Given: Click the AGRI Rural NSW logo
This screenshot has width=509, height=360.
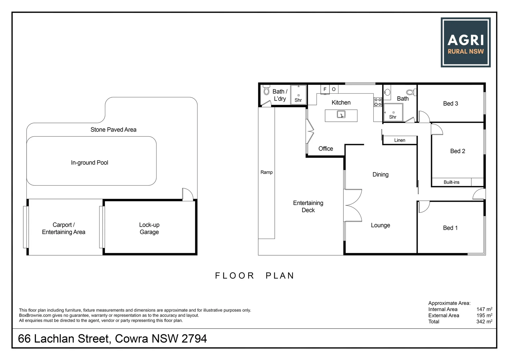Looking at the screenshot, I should pos(465,42).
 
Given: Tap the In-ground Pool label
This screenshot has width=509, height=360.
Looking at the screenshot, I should pos(89,163).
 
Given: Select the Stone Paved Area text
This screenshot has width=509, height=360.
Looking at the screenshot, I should pos(113,130).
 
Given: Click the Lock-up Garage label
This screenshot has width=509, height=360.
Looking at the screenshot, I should pos(149,228).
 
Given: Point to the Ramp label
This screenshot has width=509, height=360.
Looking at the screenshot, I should pos(266,172).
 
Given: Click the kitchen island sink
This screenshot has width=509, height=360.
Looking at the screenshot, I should pos(341,115).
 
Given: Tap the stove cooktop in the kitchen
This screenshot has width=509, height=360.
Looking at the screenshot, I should pos(378,102).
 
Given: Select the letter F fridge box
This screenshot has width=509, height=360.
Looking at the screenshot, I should pos(325,89).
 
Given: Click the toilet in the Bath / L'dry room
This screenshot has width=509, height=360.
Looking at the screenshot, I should pos(266,90).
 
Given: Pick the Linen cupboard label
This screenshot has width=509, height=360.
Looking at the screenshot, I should pos(400,140).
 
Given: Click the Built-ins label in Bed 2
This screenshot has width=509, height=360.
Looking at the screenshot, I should pos(451,182).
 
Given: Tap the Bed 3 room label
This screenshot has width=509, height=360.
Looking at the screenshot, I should pos(450,104).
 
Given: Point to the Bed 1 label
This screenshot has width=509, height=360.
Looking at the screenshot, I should pos(450,228).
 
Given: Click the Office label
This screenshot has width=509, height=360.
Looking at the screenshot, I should pos(325,149).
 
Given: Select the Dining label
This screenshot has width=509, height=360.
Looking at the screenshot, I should pos(380,175).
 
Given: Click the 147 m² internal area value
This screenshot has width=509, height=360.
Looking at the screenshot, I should pos(484,309).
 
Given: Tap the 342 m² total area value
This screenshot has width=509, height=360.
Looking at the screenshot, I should pos(484,322).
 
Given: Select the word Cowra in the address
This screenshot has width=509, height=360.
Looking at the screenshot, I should pos(131,339).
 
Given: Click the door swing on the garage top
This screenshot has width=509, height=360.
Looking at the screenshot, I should pos(187,195).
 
